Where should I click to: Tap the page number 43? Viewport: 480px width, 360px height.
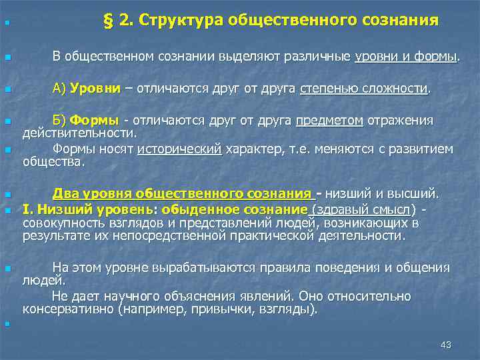tap(446, 345)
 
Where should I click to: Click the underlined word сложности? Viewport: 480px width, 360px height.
tap(396, 89)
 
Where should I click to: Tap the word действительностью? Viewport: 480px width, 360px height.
tap(79, 133)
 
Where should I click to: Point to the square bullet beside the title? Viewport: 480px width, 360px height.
tap(6, 24)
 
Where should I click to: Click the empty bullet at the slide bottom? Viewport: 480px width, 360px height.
tap(6, 324)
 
